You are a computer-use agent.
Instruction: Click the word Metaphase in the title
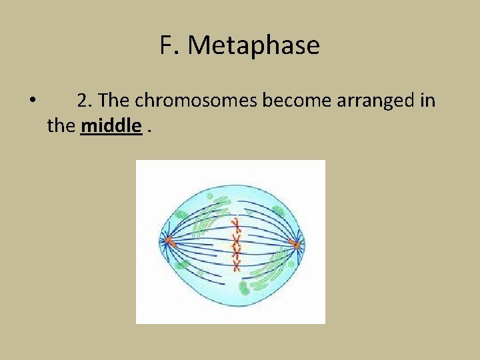(253, 45)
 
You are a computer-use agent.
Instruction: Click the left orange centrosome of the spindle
(169, 241)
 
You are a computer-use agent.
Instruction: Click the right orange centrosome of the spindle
(295, 244)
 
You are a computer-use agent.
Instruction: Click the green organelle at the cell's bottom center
(244, 287)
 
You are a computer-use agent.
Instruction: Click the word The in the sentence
(116, 101)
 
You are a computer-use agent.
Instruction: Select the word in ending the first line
(427, 101)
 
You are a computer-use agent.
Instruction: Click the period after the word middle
(148, 129)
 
